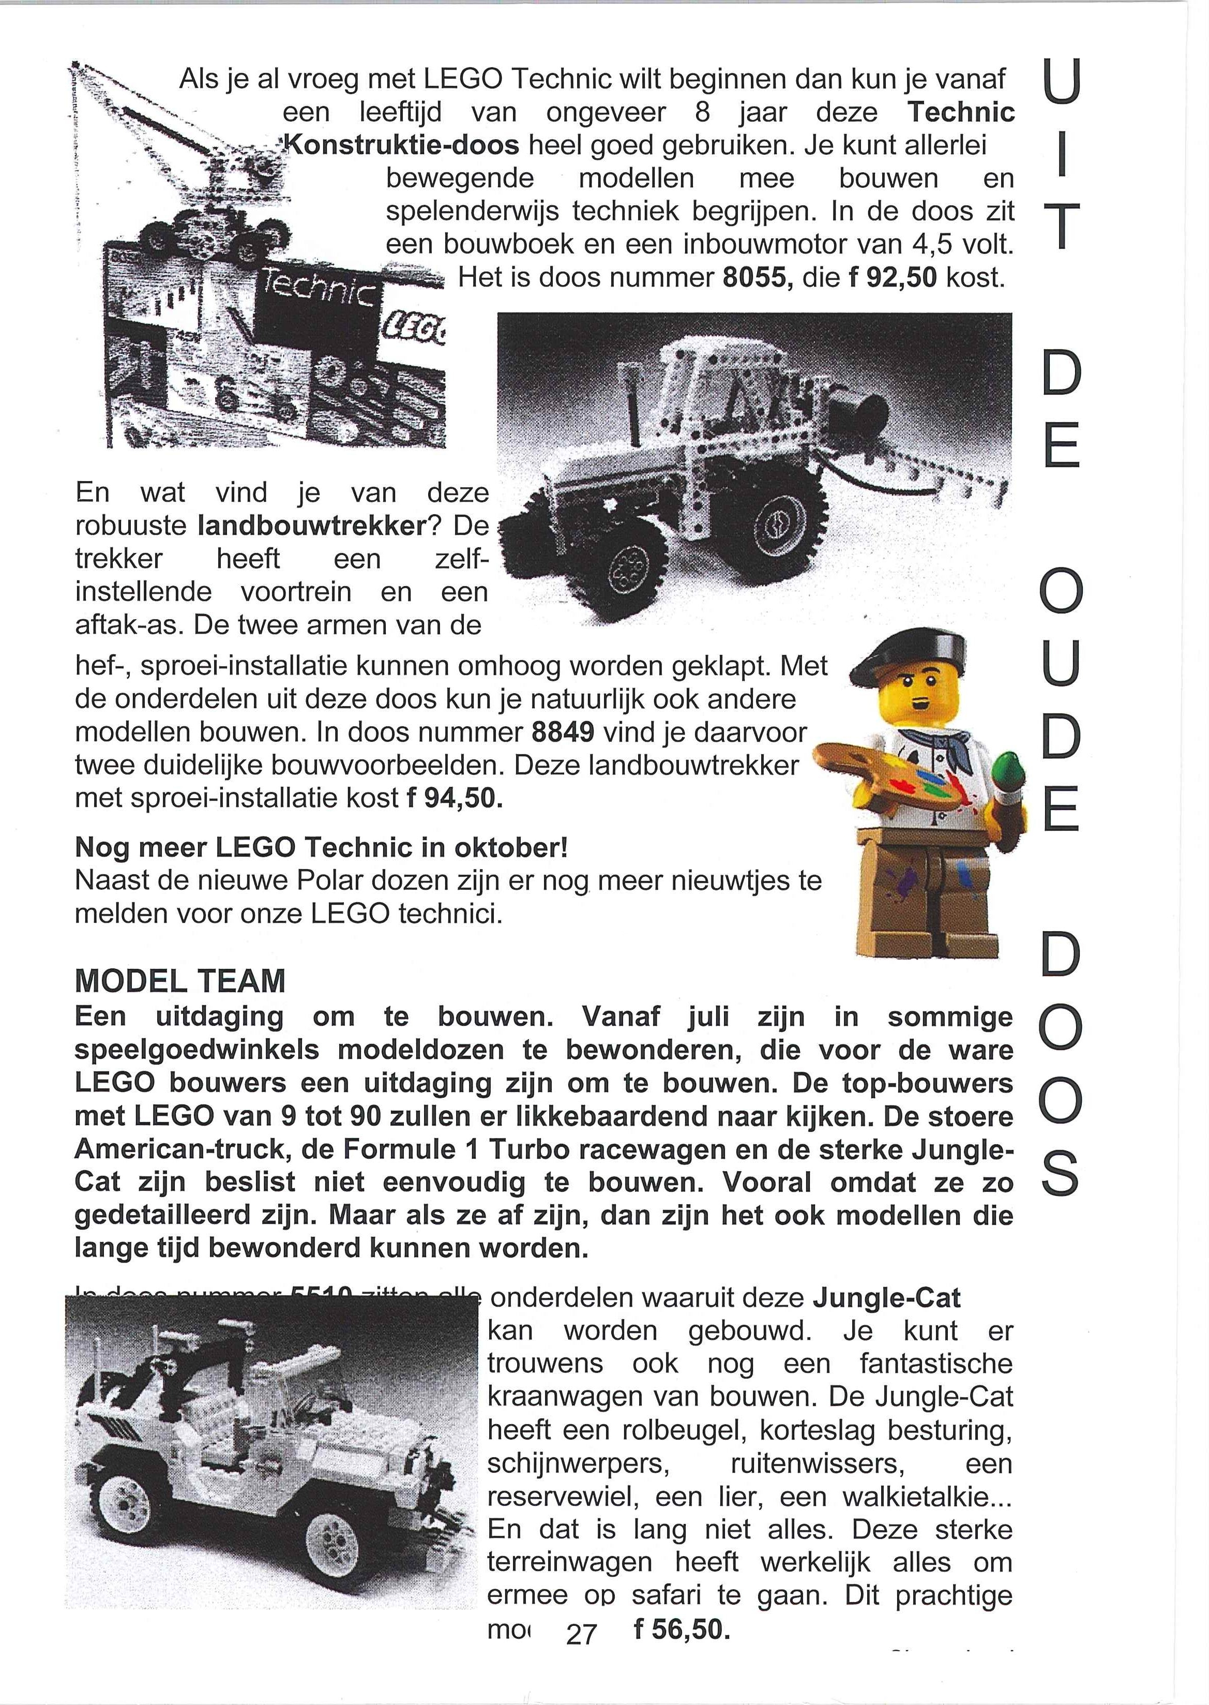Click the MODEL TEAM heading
pyautogui.click(x=180, y=981)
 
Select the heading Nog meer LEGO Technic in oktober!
pyautogui.click(x=322, y=847)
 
